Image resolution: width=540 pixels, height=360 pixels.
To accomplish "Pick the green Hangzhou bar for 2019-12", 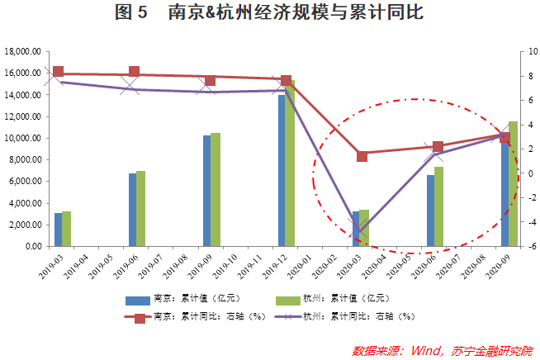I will point(290,165).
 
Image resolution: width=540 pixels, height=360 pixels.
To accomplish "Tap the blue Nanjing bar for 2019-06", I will point(132,210).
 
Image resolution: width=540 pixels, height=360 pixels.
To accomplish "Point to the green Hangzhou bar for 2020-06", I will point(438,206).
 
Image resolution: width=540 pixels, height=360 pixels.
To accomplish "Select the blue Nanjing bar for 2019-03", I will point(58,230).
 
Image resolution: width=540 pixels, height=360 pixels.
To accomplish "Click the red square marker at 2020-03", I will point(362,155).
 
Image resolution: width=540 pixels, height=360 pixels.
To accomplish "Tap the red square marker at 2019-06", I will point(135,73).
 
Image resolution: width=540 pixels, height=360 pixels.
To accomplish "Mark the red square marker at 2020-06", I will point(438,147).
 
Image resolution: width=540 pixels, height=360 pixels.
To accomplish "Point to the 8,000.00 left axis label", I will point(25,159).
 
